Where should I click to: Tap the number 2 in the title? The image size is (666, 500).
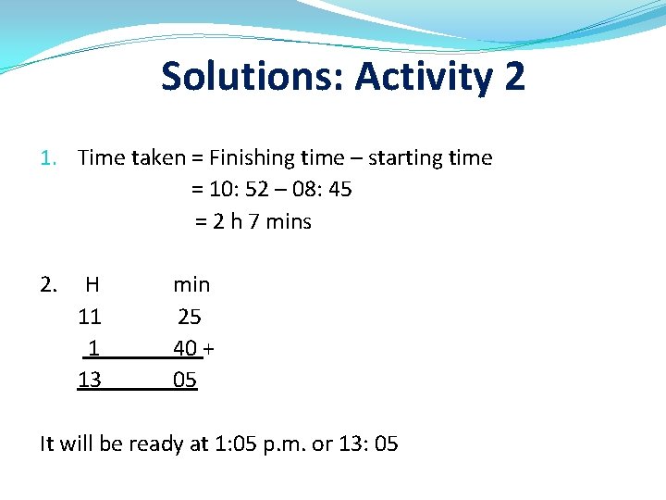[514, 76]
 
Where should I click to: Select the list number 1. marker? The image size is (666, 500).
[51, 158]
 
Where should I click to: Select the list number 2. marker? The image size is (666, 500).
[50, 284]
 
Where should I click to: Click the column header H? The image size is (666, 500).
[92, 284]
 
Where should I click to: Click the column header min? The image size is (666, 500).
[191, 284]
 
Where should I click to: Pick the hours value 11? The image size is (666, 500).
[90, 317]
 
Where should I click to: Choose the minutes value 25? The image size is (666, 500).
[189, 317]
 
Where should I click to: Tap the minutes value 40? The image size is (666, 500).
[185, 348]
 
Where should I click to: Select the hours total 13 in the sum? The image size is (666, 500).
[90, 380]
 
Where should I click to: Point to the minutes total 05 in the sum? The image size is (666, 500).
[185, 380]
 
